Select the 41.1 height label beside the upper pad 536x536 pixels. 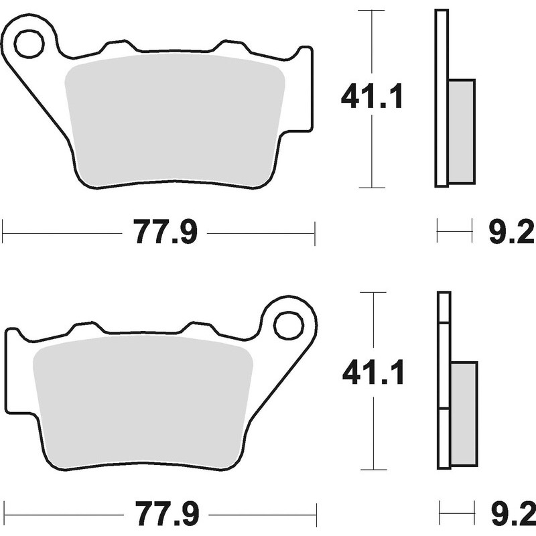pyautogui.click(x=372, y=98)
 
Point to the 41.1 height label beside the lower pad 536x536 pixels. pyautogui.click(x=373, y=374)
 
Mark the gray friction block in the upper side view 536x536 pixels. pyautogui.click(x=461, y=131)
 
